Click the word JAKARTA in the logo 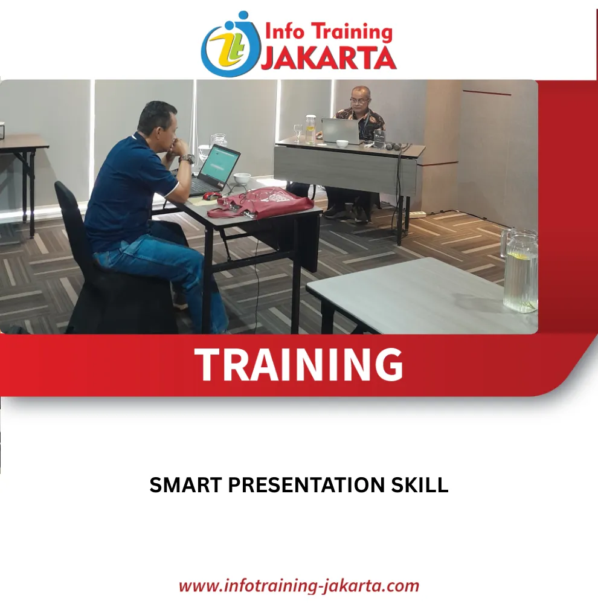click(329, 58)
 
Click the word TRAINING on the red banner click(298, 364)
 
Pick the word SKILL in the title click(420, 485)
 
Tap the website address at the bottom click(299, 585)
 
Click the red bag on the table click(260, 203)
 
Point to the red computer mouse click(212, 195)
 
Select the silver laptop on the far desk click(341, 130)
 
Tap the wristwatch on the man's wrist click(187, 159)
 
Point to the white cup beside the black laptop click(242, 179)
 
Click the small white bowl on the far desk click(342, 144)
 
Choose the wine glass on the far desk click(298, 132)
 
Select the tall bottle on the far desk click(310, 129)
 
